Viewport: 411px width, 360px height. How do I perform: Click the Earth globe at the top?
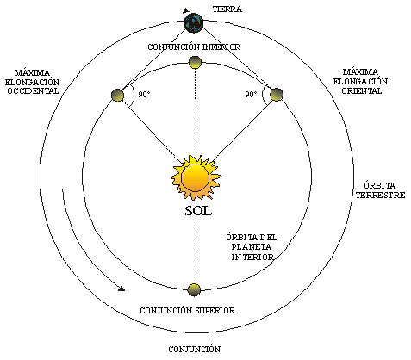click(194, 22)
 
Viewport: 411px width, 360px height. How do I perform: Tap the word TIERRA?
click(227, 9)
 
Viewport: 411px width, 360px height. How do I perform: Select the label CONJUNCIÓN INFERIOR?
click(194, 47)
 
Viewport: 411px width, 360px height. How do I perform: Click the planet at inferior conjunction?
click(195, 62)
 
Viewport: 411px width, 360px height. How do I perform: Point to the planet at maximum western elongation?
click(117, 95)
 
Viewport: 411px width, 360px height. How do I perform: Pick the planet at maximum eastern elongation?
click(277, 95)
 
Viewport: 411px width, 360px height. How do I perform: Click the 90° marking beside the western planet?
click(145, 94)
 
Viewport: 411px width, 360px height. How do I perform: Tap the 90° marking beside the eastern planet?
click(251, 94)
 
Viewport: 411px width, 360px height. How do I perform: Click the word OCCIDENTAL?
click(33, 91)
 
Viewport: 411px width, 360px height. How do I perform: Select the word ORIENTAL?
click(361, 91)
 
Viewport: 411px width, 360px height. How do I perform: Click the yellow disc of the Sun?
click(195, 178)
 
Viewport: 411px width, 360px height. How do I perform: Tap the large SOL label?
click(198, 211)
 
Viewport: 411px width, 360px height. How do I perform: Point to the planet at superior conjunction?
click(194, 289)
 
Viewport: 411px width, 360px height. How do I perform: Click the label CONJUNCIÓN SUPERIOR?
click(188, 311)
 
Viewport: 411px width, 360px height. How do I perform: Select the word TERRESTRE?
click(380, 196)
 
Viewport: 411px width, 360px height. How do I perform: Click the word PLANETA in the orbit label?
click(252, 247)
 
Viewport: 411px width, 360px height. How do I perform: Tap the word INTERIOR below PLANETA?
click(252, 257)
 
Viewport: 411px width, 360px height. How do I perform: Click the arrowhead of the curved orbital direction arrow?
click(121, 289)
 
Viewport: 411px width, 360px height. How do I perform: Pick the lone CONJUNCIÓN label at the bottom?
click(195, 350)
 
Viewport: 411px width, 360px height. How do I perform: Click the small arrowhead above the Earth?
click(186, 10)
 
